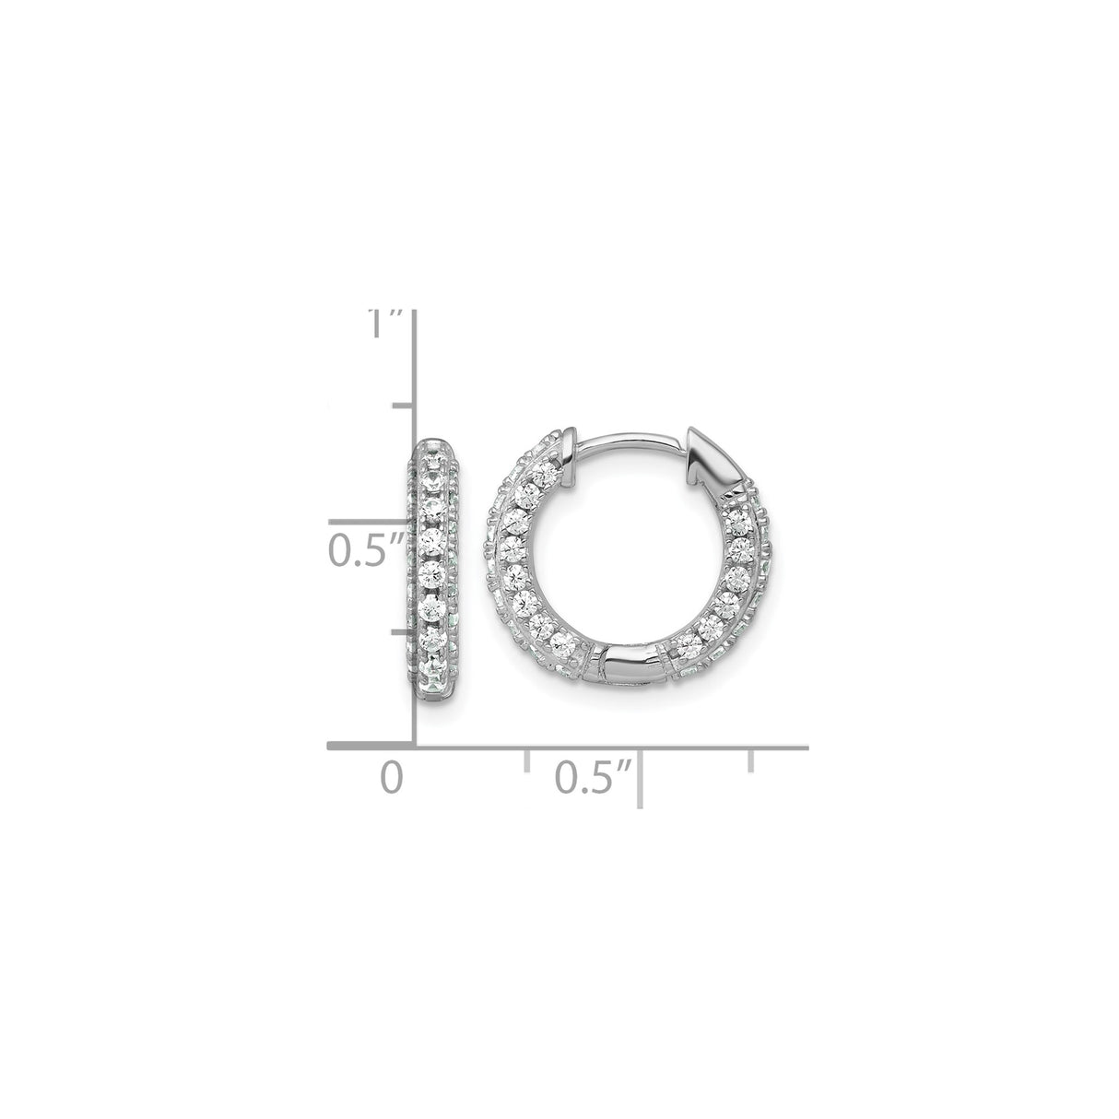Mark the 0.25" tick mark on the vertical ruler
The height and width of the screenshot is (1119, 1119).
404,633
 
